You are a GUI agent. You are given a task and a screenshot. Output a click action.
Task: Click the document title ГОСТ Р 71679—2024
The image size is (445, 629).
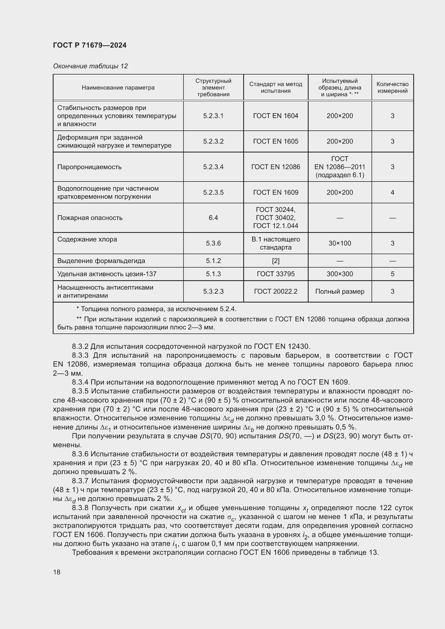point(90,45)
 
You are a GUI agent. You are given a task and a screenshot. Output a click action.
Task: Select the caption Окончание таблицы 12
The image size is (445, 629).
point(90,66)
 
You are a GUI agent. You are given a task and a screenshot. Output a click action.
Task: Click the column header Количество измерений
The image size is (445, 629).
point(392,87)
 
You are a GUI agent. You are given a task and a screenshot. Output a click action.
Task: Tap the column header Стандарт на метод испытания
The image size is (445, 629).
point(276,87)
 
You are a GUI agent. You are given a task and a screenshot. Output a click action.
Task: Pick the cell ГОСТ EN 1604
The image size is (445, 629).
point(276,116)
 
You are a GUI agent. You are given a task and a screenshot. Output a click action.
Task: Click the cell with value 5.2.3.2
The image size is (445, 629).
point(213,141)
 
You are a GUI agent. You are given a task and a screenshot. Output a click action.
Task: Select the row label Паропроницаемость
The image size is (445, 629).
point(89,167)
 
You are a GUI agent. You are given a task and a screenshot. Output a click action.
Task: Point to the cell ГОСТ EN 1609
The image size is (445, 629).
point(276,192)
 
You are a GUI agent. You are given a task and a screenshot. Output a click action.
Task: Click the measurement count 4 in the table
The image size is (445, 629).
point(392,192)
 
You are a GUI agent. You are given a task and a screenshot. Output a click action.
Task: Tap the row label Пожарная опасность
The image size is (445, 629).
point(90,218)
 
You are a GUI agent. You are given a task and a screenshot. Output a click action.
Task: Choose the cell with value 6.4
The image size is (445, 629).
point(213,218)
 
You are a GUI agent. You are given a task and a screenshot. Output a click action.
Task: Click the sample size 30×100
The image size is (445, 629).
point(340,243)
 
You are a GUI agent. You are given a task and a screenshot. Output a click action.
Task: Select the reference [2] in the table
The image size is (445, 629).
point(276,261)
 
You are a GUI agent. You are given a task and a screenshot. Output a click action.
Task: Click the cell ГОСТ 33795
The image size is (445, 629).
point(276,274)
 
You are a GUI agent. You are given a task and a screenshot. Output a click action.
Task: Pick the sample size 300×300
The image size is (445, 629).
point(340,274)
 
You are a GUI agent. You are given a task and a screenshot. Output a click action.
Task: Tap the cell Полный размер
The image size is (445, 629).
point(340,292)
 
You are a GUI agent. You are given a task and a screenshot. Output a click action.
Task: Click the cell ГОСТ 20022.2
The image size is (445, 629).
point(276,292)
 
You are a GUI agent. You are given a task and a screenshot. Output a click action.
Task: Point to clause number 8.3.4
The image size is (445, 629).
point(80,382)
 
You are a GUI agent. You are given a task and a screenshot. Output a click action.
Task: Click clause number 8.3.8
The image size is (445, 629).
point(80,508)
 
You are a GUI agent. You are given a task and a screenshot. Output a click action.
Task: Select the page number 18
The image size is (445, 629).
point(57,572)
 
